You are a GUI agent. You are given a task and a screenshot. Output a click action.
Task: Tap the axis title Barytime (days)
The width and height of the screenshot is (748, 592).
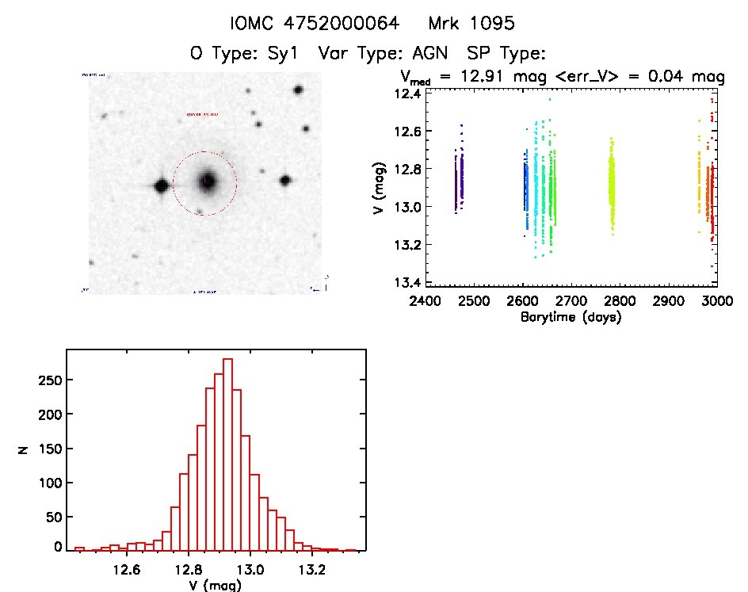coord(571,317)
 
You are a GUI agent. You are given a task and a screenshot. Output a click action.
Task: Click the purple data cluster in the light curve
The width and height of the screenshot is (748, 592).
coord(458,176)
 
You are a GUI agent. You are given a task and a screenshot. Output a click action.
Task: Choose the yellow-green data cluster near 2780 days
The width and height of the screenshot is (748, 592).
coord(612,182)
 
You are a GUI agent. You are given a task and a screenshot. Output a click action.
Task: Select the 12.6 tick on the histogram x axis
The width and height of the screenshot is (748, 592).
coord(126,569)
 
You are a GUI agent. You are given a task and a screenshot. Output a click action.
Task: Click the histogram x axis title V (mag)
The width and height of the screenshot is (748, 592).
coord(205,586)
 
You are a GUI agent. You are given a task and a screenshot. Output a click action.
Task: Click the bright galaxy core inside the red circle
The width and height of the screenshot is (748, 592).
coord(207,181)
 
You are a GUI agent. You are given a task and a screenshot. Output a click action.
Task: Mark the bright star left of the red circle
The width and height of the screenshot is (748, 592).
coord(161,186)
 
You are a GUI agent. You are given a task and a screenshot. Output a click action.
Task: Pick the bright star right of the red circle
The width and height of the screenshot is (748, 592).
coord(284,181)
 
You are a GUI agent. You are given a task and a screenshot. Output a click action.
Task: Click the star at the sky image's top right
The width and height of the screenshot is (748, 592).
coord(298,90)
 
